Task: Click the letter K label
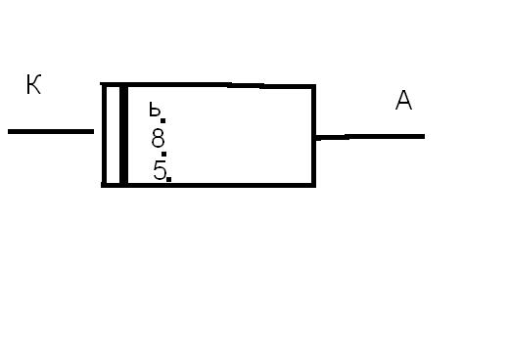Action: click(33, 84)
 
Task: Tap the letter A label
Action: click(403, 100)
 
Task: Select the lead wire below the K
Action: click(51, 131)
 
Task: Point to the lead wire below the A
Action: click(370, 137)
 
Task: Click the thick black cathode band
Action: click(123, 135)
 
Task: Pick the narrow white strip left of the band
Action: click(113, 135)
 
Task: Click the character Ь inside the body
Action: click(155, 110)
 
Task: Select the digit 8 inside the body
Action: click(159, 138)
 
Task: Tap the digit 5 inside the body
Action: click(160, 170)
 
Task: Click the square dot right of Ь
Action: click(163, 120)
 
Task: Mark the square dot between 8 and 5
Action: click(164, 154)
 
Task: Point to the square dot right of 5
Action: click(168, 179)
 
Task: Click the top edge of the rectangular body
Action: click(208, 85)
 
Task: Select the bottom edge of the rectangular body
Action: click(208, 185)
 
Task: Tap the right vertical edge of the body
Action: click(313, 136)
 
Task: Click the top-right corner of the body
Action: click(314, 86)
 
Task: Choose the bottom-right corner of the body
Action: click(314, 185)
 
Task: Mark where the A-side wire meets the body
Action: click(316, 137)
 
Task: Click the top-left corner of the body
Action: click(103, 85)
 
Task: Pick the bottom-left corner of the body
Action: click(104, 185)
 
